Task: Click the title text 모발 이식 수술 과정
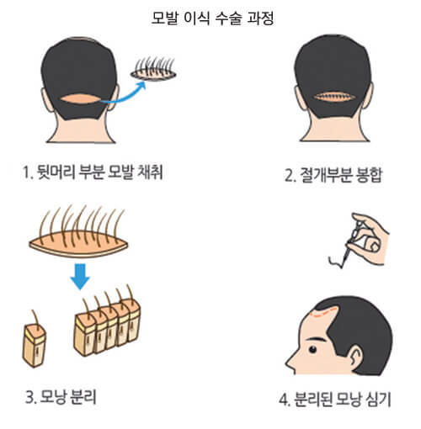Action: click(x=210, y=16)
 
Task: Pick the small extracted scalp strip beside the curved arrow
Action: click(x=156, y=74)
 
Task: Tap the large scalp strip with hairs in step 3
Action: click(x=80, y=244)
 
